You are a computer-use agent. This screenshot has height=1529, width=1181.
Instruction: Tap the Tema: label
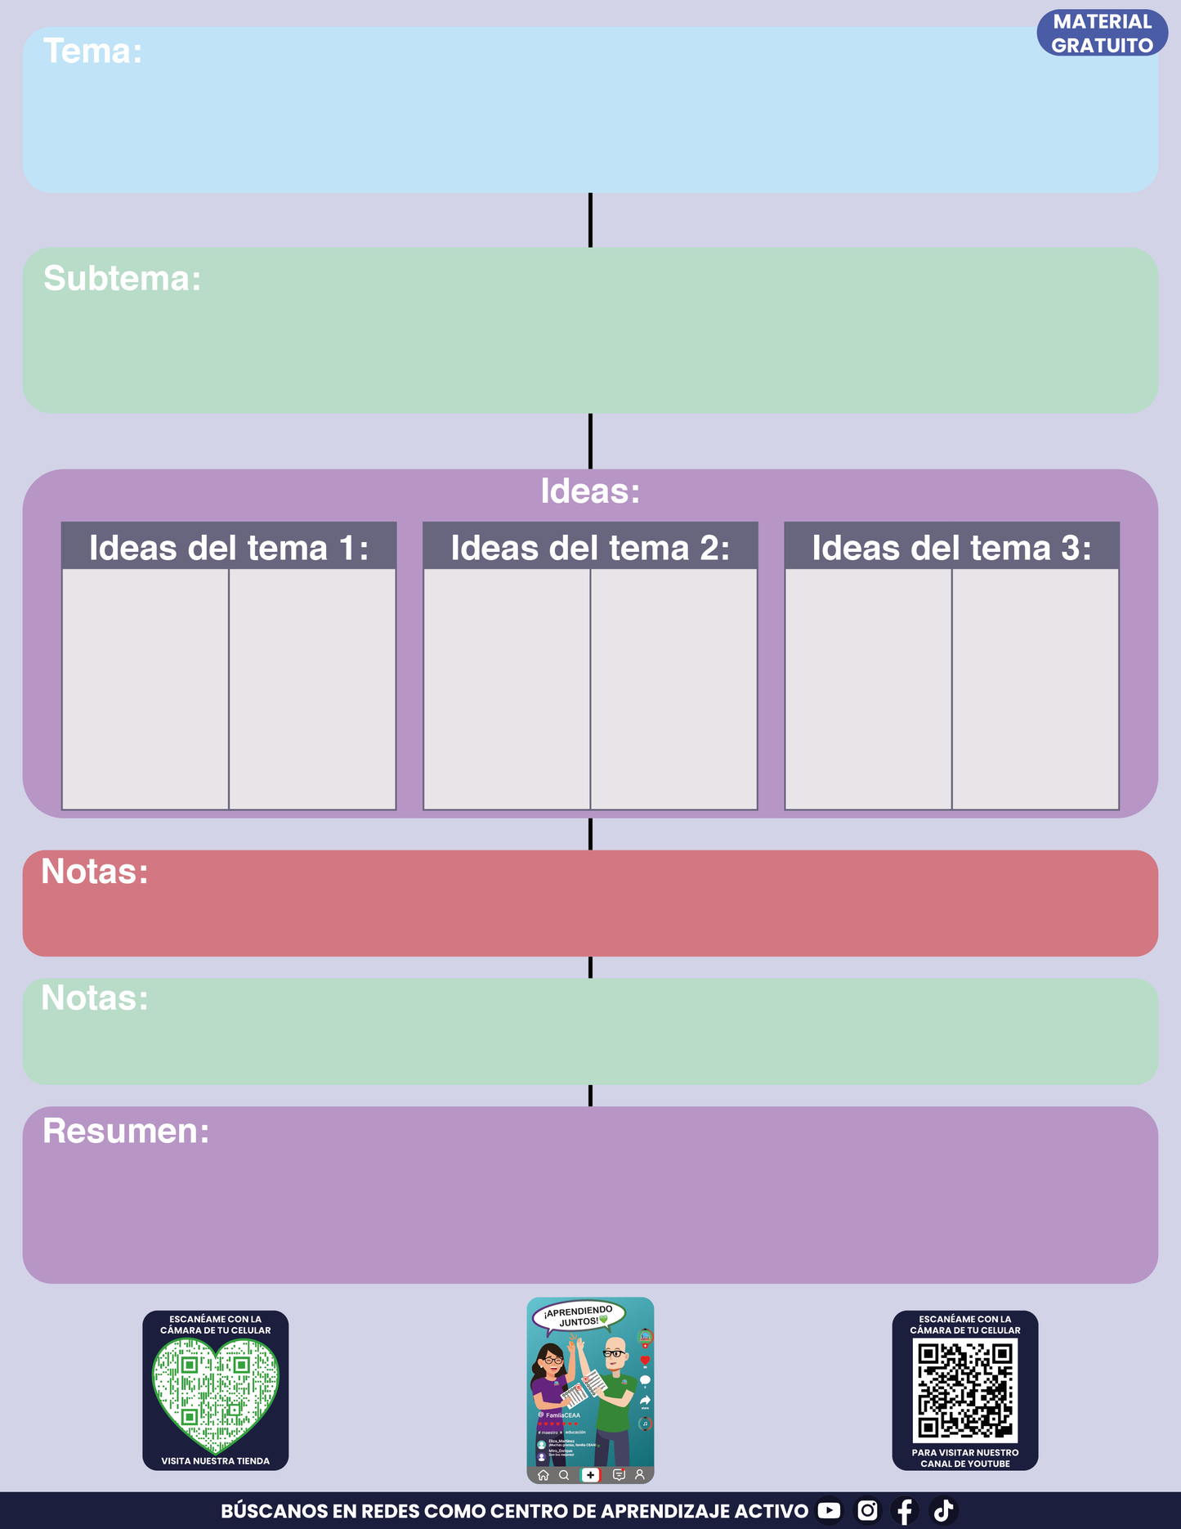click(92, 52)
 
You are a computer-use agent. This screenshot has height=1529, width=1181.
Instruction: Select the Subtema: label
click(122, 279)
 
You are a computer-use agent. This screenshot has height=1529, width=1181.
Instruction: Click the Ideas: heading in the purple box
click(590, 491)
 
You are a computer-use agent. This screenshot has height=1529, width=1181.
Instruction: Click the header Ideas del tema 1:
click(229, 548)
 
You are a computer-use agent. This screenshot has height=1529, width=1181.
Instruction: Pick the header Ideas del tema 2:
click(590, 548)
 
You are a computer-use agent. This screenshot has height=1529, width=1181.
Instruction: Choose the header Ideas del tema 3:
click(951, 548)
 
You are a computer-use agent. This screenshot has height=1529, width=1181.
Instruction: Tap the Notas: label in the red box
click(95, 872)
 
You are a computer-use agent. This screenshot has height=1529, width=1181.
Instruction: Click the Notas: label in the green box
click(95, 998)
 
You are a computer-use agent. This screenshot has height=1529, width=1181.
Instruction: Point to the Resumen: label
click(126, 1132)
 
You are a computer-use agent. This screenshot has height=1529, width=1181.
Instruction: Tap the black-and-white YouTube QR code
click(965, 1391)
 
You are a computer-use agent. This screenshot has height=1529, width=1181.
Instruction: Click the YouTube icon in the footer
click(829, 1510)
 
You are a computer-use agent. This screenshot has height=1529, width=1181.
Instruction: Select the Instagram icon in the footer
click(867, 1510)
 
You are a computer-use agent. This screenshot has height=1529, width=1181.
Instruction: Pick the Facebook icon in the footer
click(905, 1511)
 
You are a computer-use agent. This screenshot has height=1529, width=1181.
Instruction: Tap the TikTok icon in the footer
click(944, 1510)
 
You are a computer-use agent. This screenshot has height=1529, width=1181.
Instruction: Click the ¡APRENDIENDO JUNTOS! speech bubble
click(579, 1316)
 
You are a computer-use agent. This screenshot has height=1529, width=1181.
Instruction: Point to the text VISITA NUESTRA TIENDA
click(215, 1461)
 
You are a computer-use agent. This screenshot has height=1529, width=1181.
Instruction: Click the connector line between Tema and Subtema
click(590, 220)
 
